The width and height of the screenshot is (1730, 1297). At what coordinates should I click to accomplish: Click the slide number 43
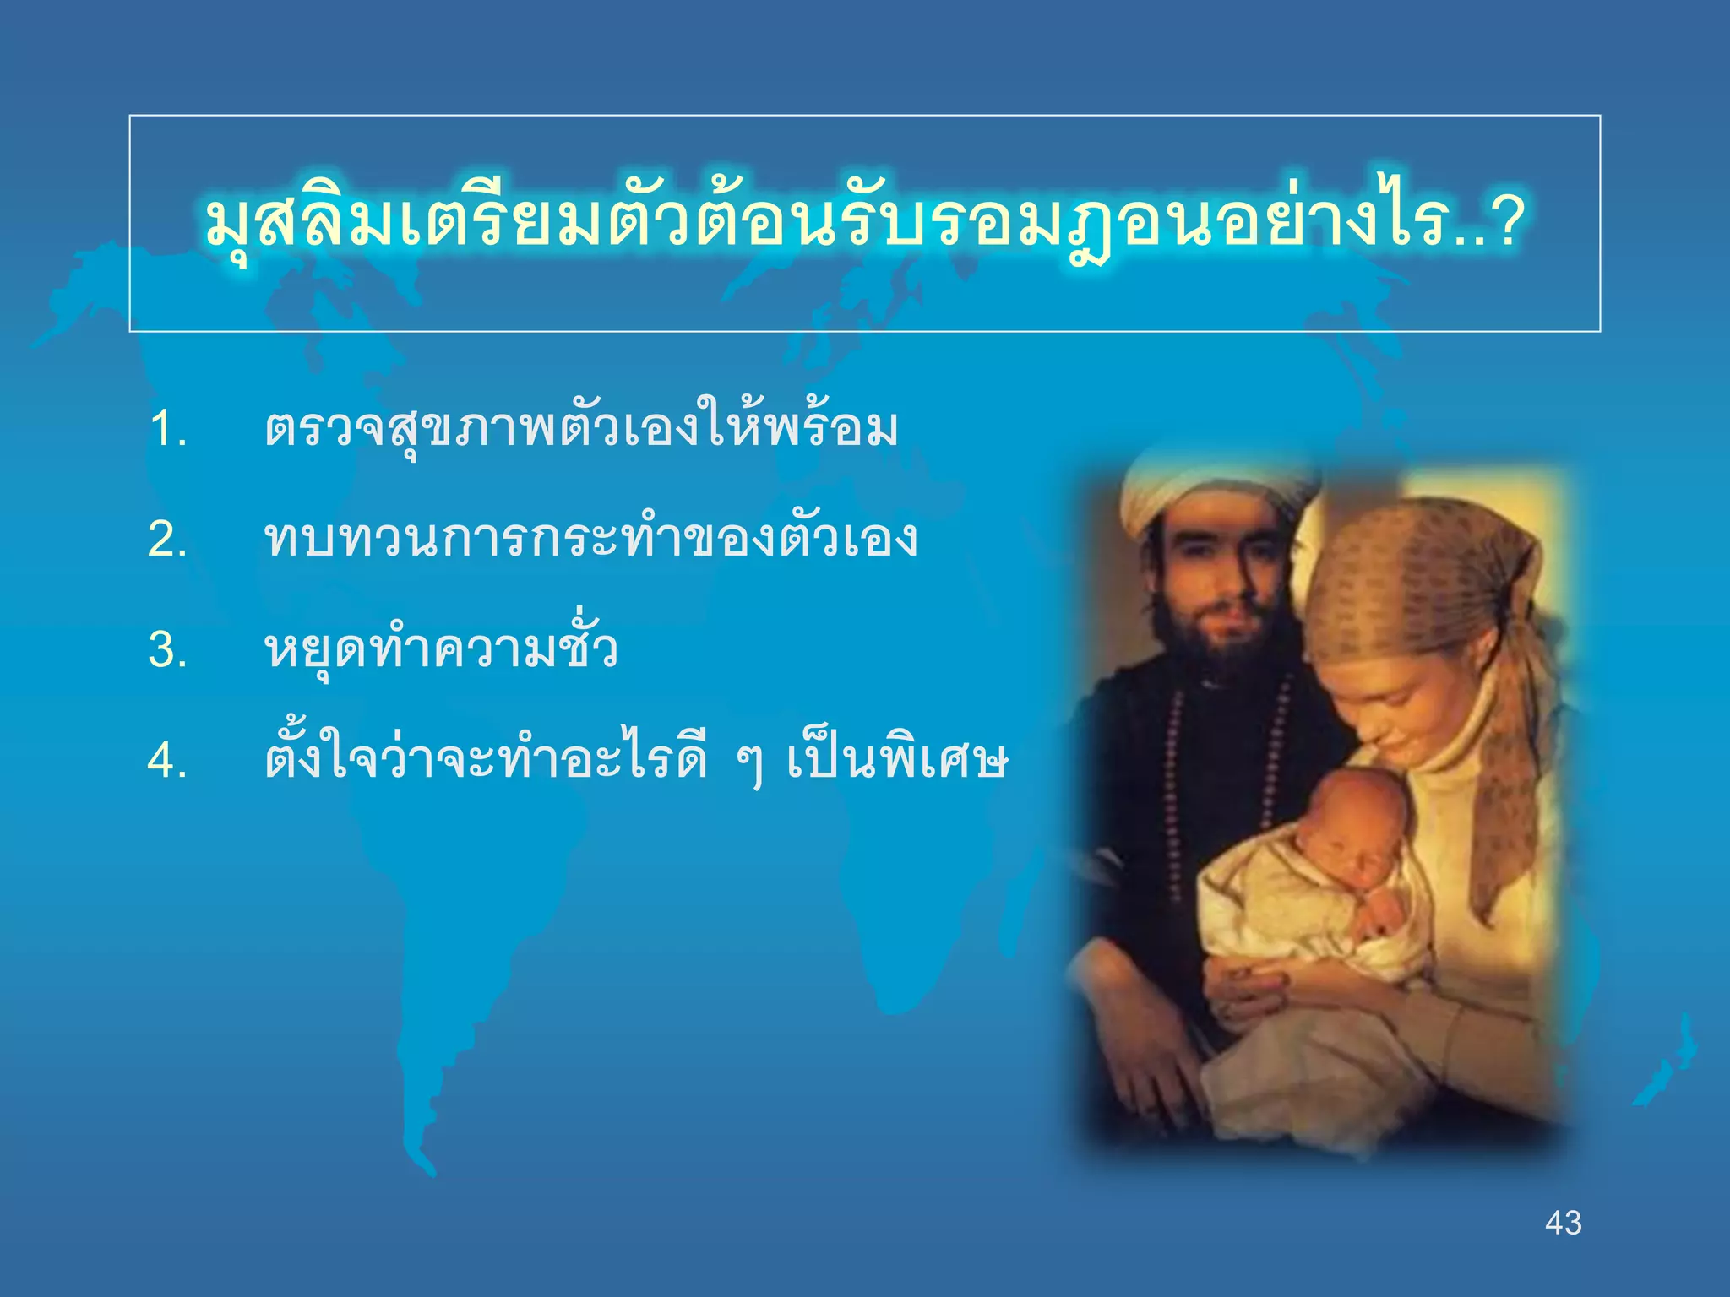coord(1563,1223)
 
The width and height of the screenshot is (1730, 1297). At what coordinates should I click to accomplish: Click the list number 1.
coord(167,429)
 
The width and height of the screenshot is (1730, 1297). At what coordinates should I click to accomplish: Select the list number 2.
coord(167,540)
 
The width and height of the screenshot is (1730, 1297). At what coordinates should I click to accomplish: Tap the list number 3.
coord(167,650)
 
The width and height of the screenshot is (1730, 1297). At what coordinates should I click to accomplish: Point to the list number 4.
coord(167,761)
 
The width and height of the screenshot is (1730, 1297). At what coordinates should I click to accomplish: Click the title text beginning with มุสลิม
coord(845,225)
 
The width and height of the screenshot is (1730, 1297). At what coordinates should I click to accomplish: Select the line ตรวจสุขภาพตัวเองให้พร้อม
coord(581,429)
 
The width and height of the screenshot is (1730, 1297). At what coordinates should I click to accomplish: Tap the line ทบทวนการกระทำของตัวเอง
coord(590,540)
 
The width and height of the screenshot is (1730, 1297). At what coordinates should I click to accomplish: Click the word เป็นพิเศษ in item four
coord(897,761)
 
